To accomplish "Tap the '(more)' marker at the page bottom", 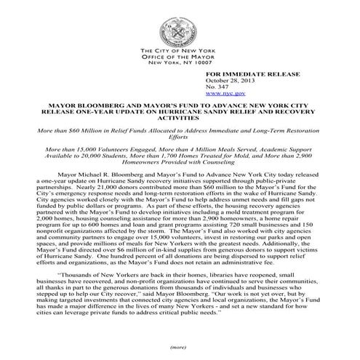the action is [x=180, y=346].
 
